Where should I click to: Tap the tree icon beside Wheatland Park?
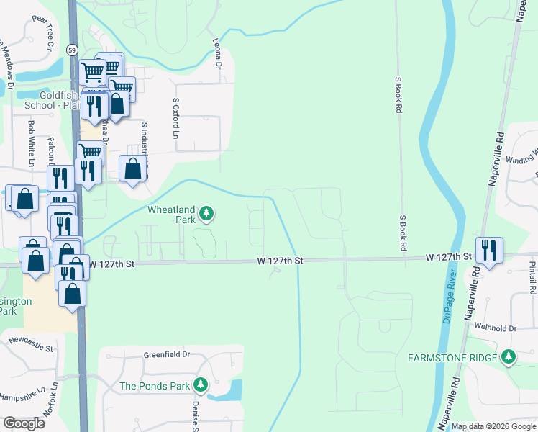point(206,213)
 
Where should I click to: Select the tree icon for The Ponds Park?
point(202,386)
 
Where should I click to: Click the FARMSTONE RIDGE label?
point(454,358)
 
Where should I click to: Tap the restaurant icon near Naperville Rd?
point(489,251)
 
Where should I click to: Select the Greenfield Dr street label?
point(166,354)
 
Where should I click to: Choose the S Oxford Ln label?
point(175,118)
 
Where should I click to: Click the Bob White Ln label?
point(31,144)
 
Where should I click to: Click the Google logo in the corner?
point(24,423)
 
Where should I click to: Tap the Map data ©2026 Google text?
point(493,426)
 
